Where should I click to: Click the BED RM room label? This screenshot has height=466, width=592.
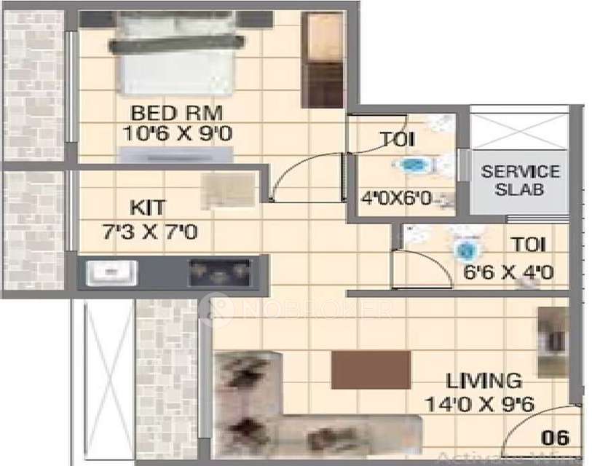[x=176, y=114]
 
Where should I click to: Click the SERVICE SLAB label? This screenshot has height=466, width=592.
[x=520, y=181]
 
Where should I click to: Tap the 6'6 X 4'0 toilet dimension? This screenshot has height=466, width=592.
[x=509, y=273]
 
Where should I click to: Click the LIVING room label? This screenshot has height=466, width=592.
[x=484, y=380]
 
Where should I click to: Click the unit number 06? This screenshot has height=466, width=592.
[x=556, y=438]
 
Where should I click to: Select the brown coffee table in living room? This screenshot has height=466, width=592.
[x=371, y=369]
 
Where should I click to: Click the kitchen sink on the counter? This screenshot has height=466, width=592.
[x=111, y=273]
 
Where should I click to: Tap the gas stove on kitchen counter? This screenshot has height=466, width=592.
[x=219, y=273]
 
